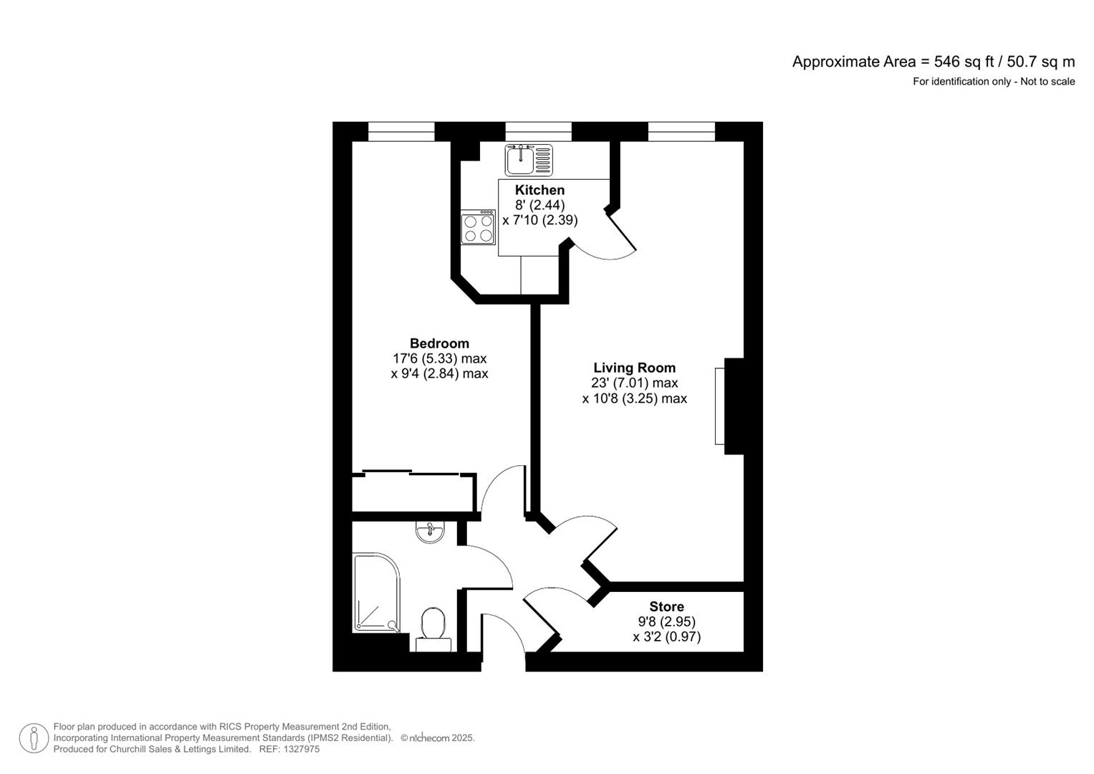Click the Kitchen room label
coord(539,190)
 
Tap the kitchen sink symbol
coord(529,160)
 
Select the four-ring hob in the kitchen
coord(478,227)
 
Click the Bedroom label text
coord(439,343)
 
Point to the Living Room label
coord(634,368)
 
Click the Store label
coord(666,606)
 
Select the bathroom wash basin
coord(430,531)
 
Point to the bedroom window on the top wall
coord(401,131)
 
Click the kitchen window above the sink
coord(538,131)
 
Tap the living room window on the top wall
coord(681,131)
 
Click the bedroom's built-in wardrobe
coord(413,492)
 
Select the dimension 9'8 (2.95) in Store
coord(666,621)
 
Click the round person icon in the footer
coord(34,738)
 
